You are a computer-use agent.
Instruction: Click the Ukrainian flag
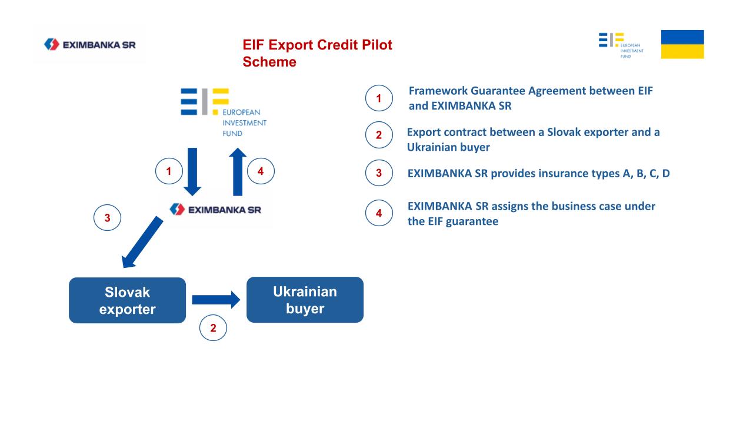pos(682,44)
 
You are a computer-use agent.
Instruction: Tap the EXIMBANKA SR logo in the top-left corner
pos(90,44)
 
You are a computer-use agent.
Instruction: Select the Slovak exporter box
pos(128,300)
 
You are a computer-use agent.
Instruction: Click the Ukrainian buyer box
pos(305,300)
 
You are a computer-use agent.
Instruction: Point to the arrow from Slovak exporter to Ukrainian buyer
pos(216,300)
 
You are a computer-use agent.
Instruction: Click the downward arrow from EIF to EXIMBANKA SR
pos(192,171)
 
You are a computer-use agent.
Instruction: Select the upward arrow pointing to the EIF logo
pos(238,171)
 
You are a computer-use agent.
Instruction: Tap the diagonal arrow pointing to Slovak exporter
pos(142,242)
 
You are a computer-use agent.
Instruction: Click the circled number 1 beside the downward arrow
pos(169,171)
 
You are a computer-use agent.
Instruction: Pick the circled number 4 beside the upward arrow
pos(261,171)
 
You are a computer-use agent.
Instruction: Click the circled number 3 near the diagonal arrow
pos(107,217)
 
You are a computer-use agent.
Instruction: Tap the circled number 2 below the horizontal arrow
pos(213,328)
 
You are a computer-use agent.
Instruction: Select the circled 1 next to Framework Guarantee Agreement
pos(379,98)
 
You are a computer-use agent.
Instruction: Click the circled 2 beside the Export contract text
pos(379,135)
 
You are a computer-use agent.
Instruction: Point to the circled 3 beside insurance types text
pos(379,173)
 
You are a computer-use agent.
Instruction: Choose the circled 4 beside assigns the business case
pos(379,213)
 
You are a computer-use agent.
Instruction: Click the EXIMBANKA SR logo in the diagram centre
pos(215,210)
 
